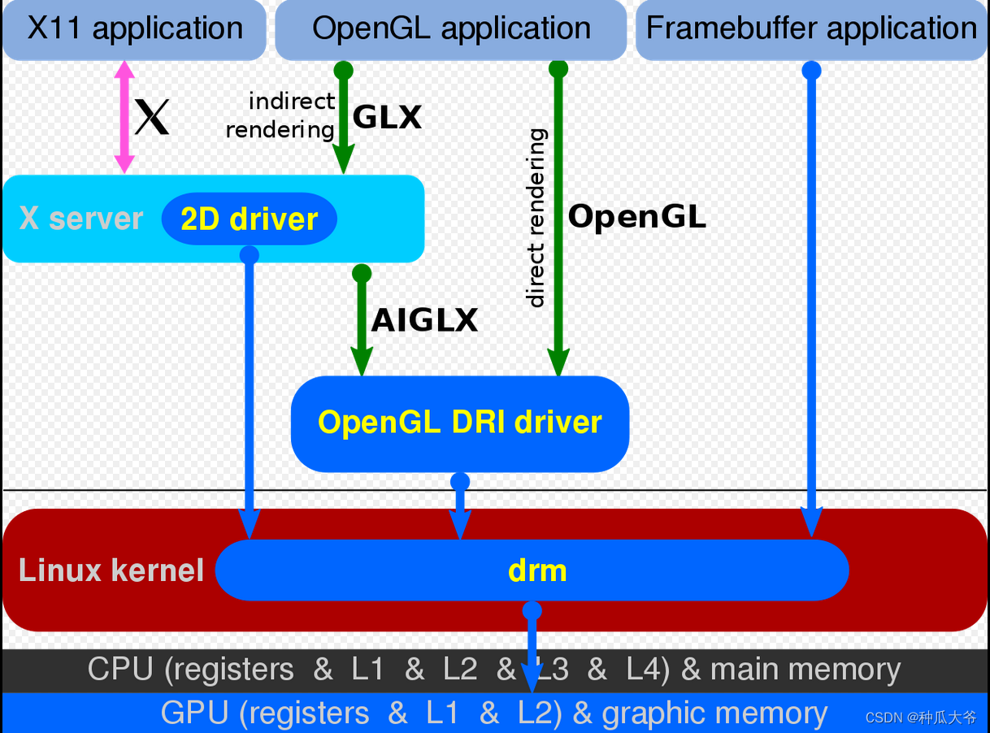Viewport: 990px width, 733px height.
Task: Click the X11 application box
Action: [134, 29]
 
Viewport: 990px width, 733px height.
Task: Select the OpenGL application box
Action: [451, 29]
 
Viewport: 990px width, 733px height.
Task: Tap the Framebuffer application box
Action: [811, 29]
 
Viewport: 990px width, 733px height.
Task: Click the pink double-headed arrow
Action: [124, 117]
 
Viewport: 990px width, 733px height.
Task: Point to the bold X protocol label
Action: [152, 117]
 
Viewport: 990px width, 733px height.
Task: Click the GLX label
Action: [387, 118]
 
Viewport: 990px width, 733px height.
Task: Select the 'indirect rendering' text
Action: [280, 115]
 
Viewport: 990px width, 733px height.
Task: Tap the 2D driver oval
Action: [249, 219]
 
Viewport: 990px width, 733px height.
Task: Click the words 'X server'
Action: [81, 219]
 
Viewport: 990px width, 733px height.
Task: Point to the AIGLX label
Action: [424, 320]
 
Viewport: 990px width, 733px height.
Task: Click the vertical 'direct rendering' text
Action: [536, 218]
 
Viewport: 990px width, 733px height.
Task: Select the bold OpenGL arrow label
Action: [636, 217]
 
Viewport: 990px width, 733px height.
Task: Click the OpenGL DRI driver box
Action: [460, 423]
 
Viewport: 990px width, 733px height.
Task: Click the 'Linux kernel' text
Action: [111, 570]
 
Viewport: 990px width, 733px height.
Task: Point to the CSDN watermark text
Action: [921, 717]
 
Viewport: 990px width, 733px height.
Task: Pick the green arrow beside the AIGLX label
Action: [362, 321]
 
